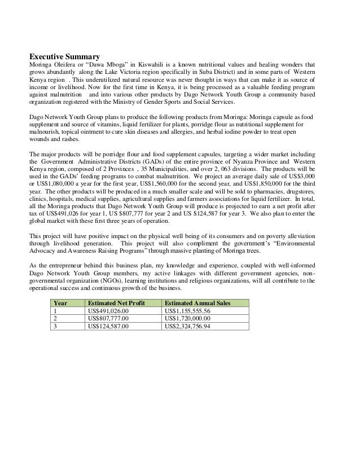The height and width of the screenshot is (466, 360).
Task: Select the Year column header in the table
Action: tap(60, 303)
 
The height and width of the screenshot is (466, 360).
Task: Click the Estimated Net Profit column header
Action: tap(114, 303)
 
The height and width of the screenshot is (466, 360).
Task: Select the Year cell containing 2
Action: tap(55, 318)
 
